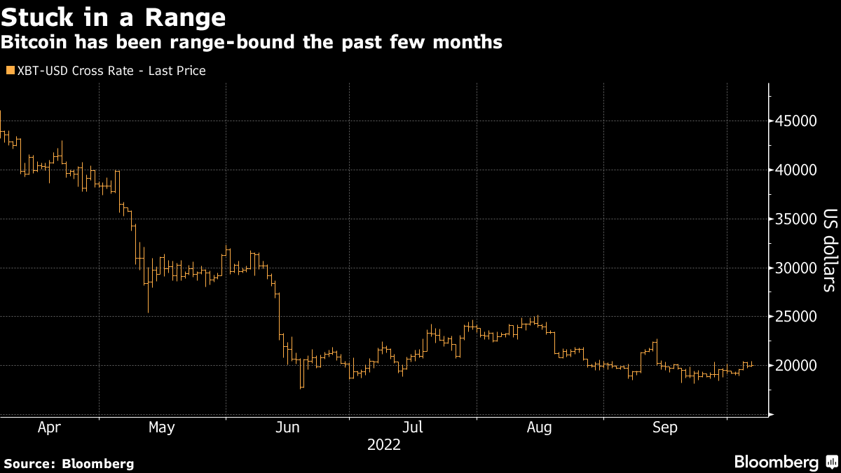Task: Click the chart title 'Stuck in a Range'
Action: click(114, 16)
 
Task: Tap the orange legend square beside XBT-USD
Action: click(9, 71)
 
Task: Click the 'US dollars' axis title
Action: click(829, 250)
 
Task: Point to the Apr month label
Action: click(49, 427)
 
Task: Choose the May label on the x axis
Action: click(162, 427)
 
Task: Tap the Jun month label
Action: click(288, 427)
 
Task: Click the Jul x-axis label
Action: click(413, 427)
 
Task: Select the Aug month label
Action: click(539, 427)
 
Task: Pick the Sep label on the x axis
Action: click(664, 427)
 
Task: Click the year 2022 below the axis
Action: click(383, 444)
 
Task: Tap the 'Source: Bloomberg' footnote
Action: click(69, 463)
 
